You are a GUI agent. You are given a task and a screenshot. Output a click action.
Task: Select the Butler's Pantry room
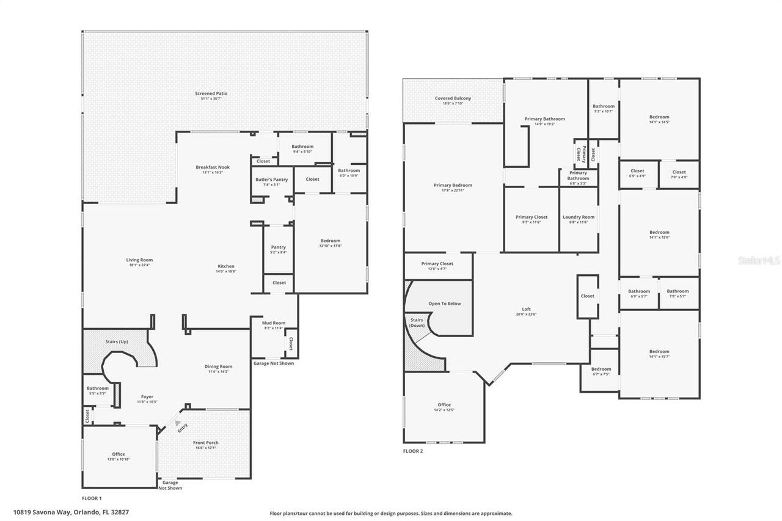(x=271, y=182)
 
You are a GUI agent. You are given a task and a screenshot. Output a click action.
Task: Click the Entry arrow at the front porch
(x=178, y=422)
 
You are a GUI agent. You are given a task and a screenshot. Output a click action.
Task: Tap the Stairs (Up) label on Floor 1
(x=116, y=341)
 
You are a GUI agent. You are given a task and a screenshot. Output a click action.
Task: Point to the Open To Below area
(x=444, y=304)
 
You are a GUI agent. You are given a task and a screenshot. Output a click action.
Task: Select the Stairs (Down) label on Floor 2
(x=417, y=322)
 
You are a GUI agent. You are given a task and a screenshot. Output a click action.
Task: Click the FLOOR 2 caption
(x=412, y=451)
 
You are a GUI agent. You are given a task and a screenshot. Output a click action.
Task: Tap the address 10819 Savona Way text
(x=71, y=512)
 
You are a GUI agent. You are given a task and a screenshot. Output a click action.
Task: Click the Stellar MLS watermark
(x=759, y=260)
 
